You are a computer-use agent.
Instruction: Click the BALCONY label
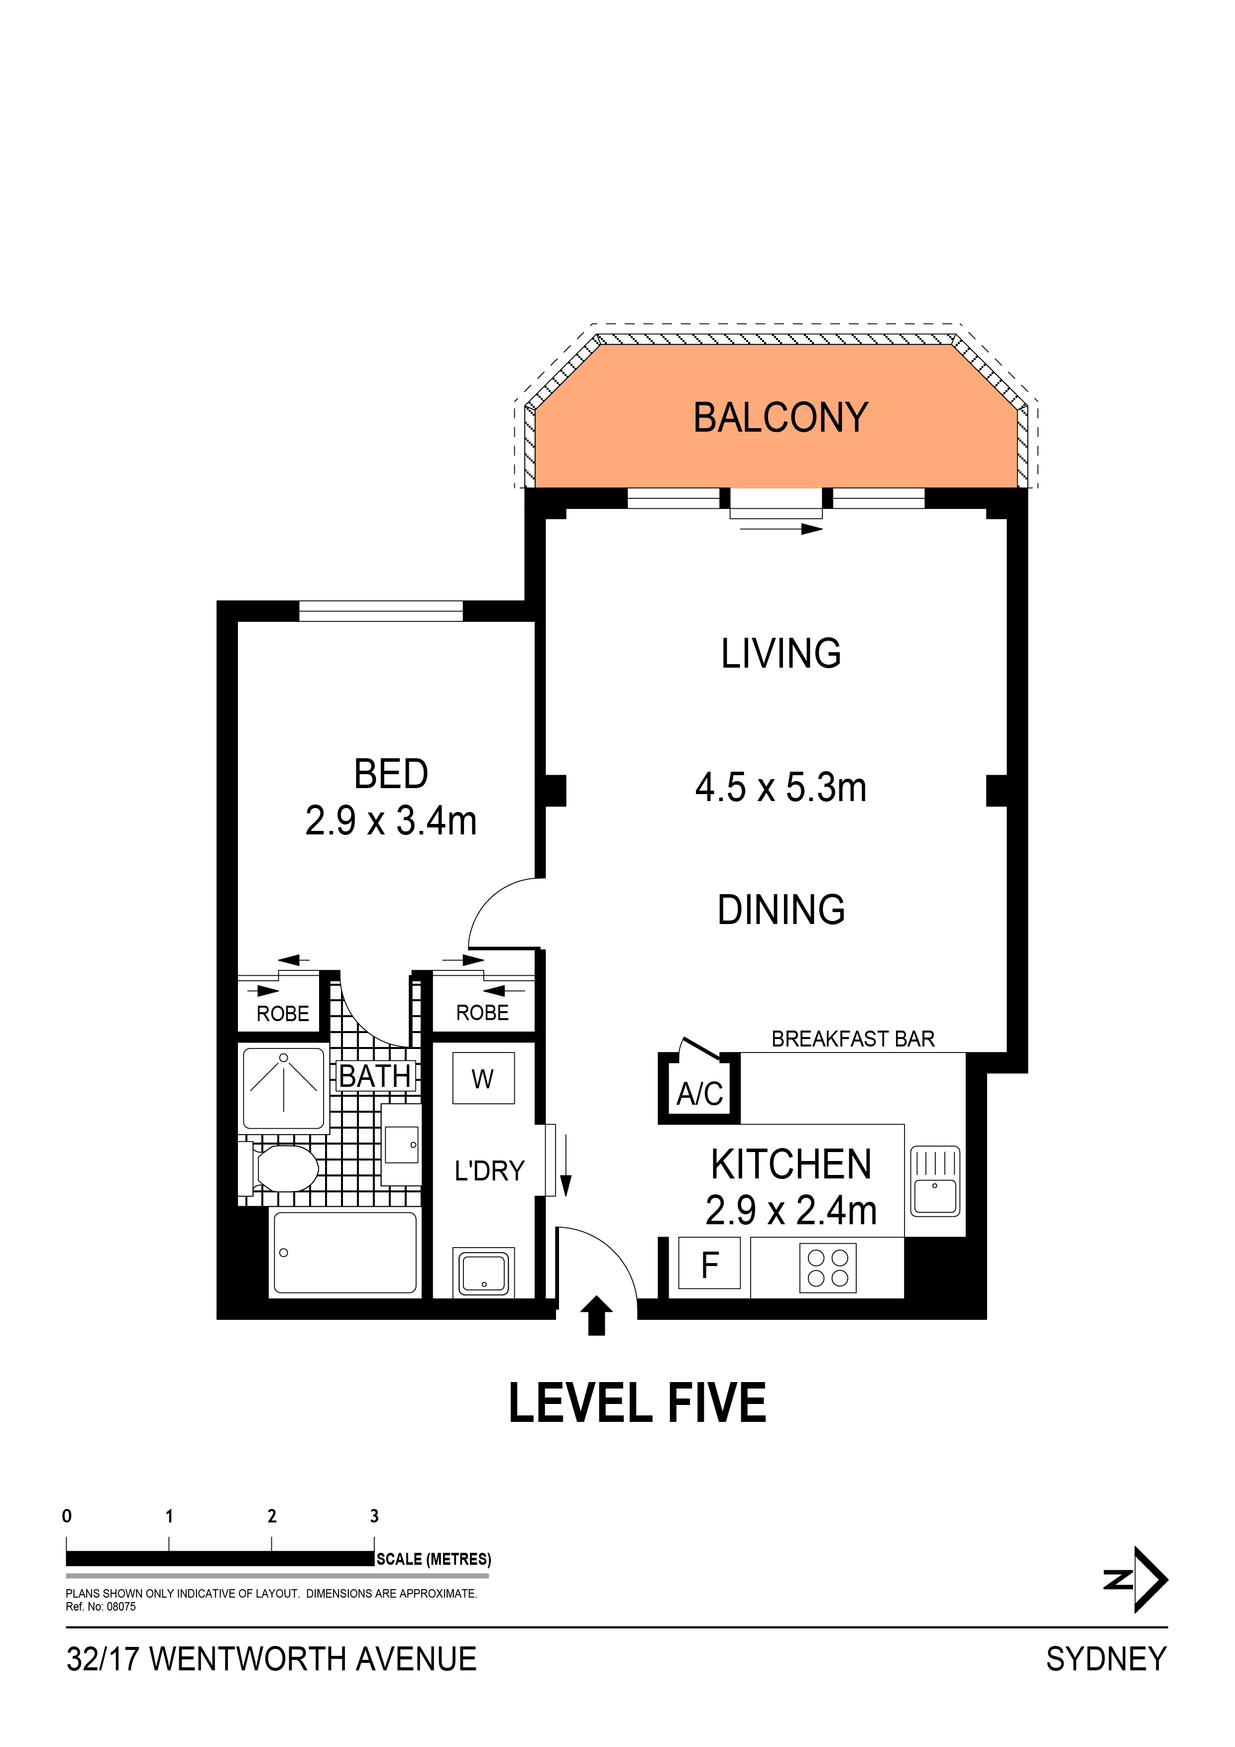780,418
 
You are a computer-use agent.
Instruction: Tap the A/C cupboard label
699,1093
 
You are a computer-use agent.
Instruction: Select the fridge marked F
709,1263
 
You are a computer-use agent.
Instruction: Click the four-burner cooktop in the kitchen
828,1268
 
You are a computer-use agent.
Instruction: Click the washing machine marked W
483,1078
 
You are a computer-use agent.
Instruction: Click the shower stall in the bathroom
284,1089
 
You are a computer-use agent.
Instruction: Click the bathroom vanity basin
401,1145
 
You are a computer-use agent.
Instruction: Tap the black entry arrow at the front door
596,1315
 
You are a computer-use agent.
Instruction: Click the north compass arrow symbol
1137,1580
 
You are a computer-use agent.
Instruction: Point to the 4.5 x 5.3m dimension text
781,788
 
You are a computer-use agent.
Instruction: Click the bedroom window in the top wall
380,611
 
